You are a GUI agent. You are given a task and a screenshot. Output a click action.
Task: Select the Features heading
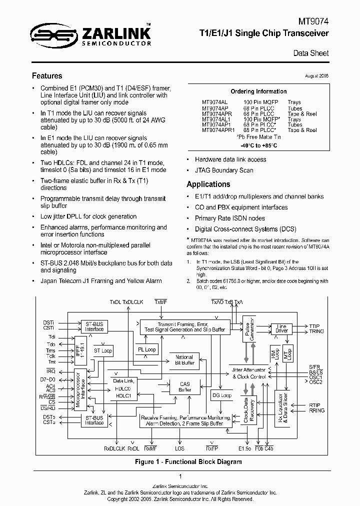[47, 76]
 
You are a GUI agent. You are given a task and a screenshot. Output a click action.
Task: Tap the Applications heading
[208, 184]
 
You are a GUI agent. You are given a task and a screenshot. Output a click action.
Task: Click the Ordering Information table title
[258, 91]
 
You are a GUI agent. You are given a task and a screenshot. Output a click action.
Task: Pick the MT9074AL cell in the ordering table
[215, 102]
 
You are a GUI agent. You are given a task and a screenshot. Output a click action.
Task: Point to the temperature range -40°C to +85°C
[258, 145]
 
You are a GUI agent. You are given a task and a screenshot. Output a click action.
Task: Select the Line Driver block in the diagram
[281, 328]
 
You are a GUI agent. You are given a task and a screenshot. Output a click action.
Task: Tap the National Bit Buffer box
[184, 360]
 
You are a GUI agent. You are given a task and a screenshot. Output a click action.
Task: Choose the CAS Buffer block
[184, 386]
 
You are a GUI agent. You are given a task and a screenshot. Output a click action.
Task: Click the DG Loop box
[222, 395]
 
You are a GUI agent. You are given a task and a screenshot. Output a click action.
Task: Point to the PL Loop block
[146, 349]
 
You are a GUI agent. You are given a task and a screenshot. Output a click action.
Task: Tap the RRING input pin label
[317, 410]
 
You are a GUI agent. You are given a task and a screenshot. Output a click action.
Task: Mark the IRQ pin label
[50, 370]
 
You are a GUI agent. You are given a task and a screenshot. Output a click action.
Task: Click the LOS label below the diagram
[179, 448]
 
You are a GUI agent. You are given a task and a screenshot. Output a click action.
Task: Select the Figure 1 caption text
[188, 462]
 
